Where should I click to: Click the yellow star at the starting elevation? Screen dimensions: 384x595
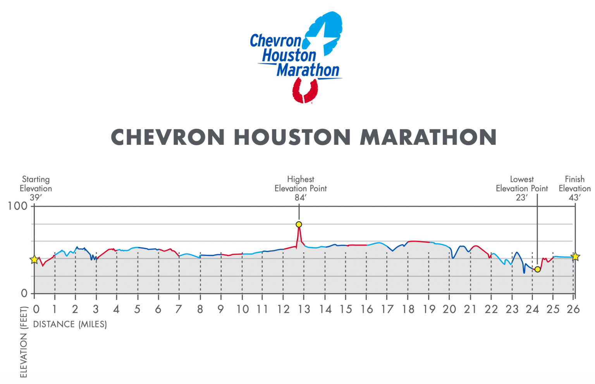34,259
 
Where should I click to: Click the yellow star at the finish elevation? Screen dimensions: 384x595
575,257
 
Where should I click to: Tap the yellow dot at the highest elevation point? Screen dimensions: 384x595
299,225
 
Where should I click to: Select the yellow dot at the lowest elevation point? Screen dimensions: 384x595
537,269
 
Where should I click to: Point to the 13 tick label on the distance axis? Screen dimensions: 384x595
304,309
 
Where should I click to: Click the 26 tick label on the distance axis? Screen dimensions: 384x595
573,309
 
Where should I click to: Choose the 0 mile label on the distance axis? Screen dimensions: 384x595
36,309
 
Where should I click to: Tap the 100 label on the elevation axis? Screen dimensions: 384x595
18,206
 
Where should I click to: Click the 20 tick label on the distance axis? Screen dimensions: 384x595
449,309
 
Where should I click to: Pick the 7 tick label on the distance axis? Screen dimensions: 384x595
179,309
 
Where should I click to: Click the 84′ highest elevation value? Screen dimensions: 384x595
300,197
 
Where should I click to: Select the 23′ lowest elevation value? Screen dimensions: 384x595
521,197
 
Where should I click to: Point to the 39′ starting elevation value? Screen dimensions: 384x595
36,197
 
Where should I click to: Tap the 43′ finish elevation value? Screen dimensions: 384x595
574,197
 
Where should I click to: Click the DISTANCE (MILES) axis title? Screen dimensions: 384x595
70,324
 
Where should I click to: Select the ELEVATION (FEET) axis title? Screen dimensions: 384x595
24,342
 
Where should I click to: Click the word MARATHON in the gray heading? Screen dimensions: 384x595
428,137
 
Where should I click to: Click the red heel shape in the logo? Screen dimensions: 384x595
304,91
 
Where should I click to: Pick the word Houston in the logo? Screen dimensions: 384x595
289,56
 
